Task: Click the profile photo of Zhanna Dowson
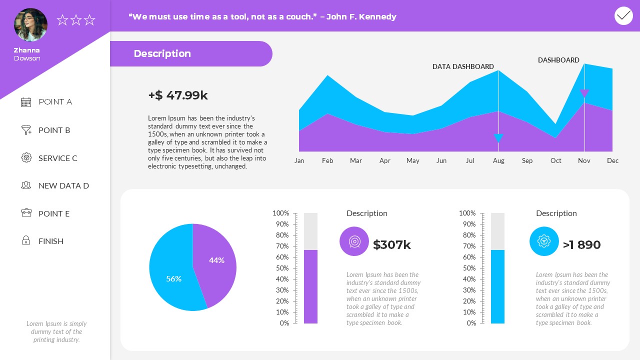(30, 25)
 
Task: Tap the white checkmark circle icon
(623, 16)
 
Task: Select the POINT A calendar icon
(26, 102)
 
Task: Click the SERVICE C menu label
(57, 158)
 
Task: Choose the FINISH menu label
(50, 241)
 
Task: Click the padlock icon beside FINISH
(26, 241)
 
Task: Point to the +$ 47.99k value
(178, 95)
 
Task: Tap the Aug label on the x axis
(498, 160)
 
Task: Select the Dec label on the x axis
(612, 160)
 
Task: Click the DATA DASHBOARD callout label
(462, 66)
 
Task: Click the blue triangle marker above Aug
(498, 138)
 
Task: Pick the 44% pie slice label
(216, 260)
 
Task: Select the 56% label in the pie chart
(173, 278)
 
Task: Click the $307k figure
(391, 244)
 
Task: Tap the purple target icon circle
(354, 241)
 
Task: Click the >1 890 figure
(581, 244)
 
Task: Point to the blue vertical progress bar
(497, 286)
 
